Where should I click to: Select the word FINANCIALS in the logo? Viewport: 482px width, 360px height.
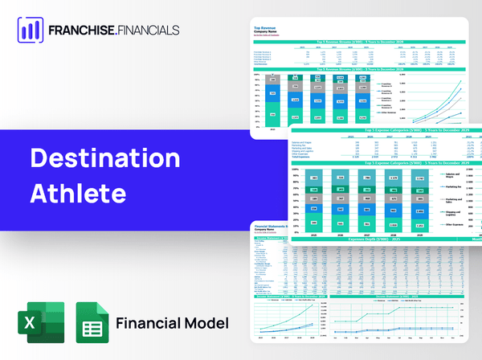point(173,31)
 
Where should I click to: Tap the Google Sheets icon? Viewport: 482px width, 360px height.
point(92,321)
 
